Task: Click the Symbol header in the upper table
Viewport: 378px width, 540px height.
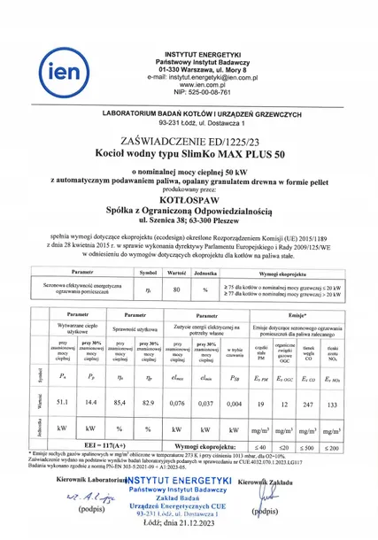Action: pyautogui.click(x=149, y=274)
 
